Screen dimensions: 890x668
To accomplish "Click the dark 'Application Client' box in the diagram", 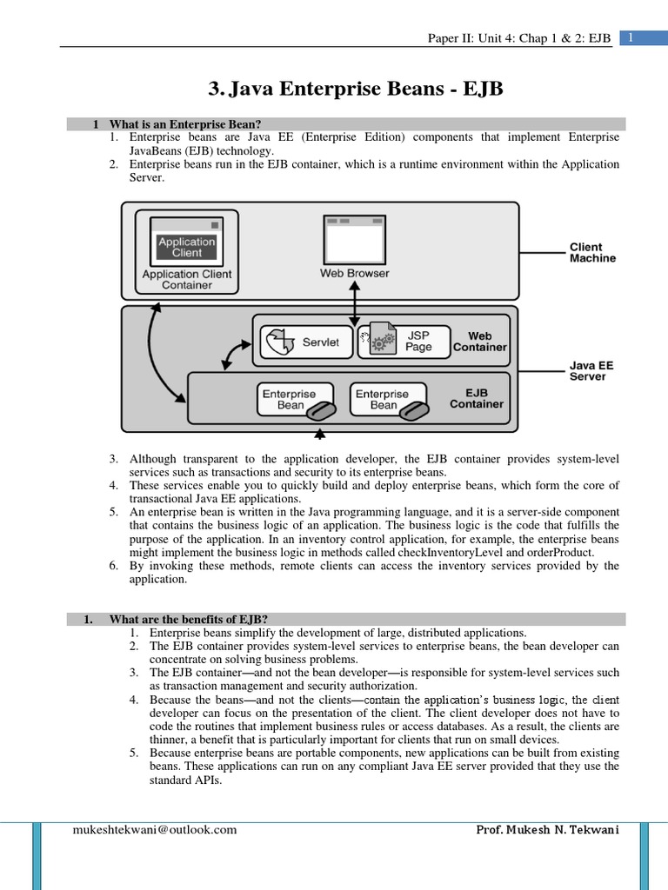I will click(x=186, y=247).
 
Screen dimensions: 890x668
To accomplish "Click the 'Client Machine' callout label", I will click(x=591, y=252).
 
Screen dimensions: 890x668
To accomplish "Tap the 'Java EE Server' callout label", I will click(x=591, y=371).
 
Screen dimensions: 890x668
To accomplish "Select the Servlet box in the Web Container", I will click(x=304, y=342).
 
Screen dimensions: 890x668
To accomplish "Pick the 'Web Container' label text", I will click(x=479, y=342).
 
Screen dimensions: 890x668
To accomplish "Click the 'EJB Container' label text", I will click(x=477, y=398).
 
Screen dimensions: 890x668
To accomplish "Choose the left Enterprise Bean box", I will click(x=292, y=400).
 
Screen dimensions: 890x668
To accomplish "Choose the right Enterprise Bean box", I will click(x=385, y=400).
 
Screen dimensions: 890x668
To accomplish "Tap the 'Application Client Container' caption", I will click(x=187, y=279).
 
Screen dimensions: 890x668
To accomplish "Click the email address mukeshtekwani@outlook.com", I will click(x=154, y=829).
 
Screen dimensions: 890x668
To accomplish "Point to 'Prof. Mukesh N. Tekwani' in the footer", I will click(x=547, y=829).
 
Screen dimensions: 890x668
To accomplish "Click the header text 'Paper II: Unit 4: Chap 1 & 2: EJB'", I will click(x=519, y=38).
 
